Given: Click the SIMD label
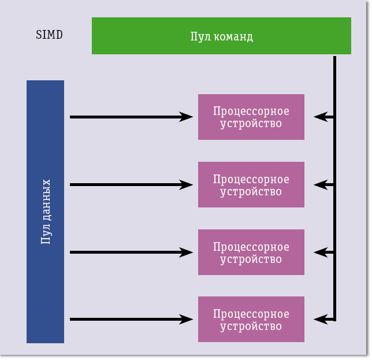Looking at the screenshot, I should click(49, 35).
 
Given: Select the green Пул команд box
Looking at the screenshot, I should click(221, 36).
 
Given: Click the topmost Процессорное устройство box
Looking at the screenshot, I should click(251, 117).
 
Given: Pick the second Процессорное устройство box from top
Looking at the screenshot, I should click(251, 184).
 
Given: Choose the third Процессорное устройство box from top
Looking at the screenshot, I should click(251, 252).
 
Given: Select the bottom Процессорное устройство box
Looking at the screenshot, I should click(251, 320).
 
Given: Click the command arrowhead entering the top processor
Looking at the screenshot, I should click(318, 117).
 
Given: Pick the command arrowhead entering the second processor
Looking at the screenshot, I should click(318, 185).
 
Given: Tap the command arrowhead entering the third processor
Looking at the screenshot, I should click(318, 253).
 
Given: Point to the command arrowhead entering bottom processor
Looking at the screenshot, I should click(318, 319).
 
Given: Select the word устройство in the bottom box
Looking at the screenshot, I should click(251, 326).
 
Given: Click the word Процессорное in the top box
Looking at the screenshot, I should click(251, 111).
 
